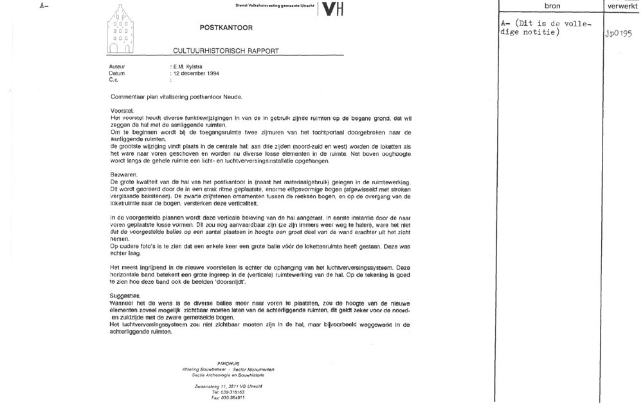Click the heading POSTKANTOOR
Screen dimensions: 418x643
(226, 28)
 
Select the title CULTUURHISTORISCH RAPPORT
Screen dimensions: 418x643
(226, 50)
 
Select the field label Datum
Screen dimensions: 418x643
(117, 73)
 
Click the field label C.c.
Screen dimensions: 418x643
(114, 81)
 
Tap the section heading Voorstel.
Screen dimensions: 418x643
(122, 111)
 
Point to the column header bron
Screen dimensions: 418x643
(552, 6)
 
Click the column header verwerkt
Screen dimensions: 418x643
(623, 6)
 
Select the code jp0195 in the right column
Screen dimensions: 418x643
(619, 33)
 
